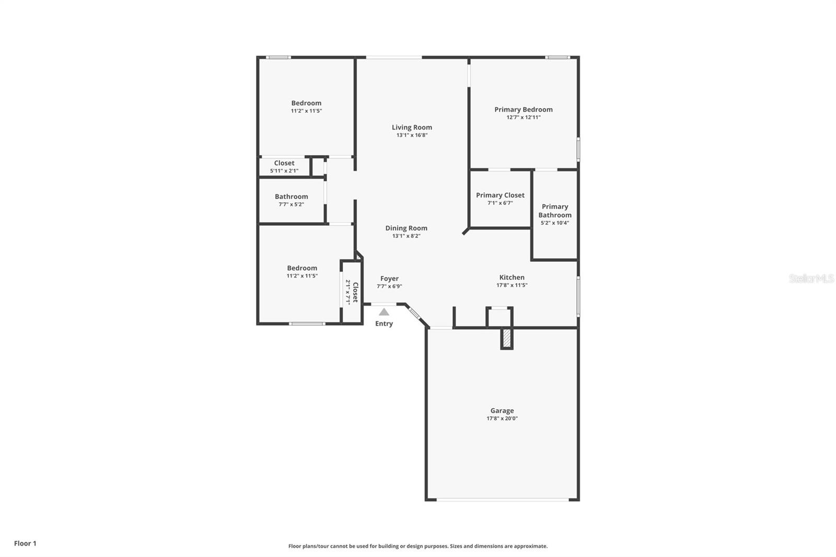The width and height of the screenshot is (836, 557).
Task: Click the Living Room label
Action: [x=412, y=127]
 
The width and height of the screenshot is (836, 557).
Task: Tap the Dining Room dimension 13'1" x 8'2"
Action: [x=406, y=236]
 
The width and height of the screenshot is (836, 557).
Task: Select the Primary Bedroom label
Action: [x=523, y=109]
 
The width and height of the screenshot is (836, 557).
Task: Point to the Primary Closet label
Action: [x=500, y=195]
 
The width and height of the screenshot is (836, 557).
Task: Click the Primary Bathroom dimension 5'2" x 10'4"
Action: [x=554, y=223]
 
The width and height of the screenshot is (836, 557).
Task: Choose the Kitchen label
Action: [x=512, y=277]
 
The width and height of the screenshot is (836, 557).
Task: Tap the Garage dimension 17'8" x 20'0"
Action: [x=502, y=419]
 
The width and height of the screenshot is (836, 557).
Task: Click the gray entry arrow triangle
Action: [x=384, y=312]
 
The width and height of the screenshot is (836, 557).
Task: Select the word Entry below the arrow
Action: [x=384, y=323]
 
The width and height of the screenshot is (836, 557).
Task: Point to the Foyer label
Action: [x=389, y=278]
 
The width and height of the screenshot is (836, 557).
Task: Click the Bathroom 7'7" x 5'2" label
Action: [x=291, y=196]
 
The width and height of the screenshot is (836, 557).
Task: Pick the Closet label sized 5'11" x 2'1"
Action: [x=284, y=163]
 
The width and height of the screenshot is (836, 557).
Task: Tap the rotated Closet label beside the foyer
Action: [x=355, y=292]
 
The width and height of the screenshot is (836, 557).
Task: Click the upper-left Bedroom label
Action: [x=306, y=103]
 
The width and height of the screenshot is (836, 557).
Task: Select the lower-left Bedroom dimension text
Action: [x=301, y=276]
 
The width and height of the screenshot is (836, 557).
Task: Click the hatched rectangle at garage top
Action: [x=506, y=339]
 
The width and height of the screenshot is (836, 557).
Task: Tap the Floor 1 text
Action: [x=25, y=543]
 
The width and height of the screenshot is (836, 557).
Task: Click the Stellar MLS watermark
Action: [x=811, y=278]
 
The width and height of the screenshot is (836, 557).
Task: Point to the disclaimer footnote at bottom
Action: [x=418, y=546]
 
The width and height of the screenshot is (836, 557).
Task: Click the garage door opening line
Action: [x=502, y=500]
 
